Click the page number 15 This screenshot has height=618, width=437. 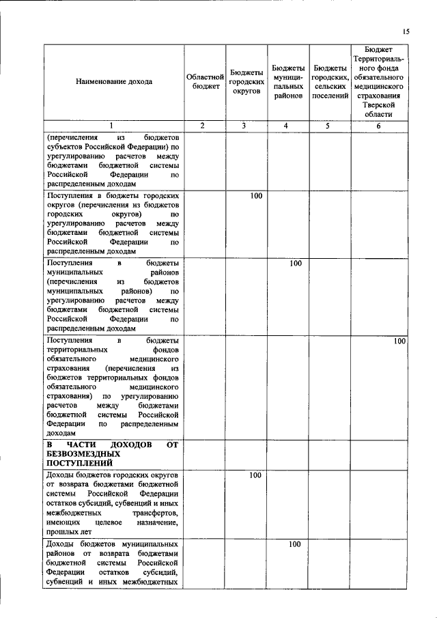tap(405, 31)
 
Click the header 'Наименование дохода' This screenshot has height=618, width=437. tap(114, 82)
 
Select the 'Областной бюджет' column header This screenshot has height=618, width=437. tap(206, 82)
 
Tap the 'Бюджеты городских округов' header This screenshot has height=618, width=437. tap(246, 82)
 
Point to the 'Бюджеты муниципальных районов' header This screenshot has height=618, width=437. tap(287, 82)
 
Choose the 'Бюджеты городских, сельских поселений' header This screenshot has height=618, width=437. tap(330, 82)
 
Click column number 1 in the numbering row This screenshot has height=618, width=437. tap(114, 126)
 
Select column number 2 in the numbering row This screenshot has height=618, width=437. tap(205, 126)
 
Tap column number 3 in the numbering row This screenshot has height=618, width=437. tap(246, 126)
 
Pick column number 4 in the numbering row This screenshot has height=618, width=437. tap(287, 126)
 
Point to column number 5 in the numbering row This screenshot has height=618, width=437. tap(330, 126)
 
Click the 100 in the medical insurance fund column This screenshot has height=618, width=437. tap(399, 341)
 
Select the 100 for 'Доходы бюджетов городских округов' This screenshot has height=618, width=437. tap(255, 475)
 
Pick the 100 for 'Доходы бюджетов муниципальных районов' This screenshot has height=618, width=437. tap(295, 544)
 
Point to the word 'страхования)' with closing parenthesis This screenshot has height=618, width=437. tap(70, 396)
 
